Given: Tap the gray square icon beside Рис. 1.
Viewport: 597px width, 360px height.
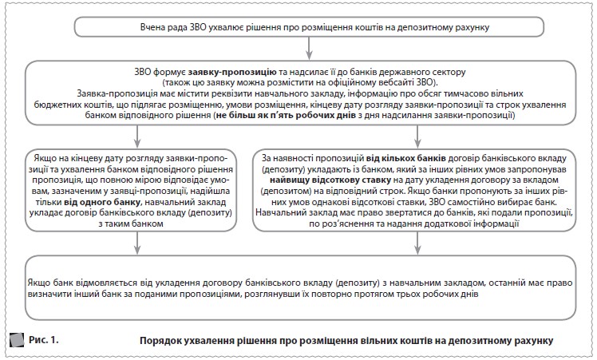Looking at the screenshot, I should (x=15, y=341).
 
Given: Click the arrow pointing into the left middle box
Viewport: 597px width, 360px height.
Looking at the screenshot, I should (x=135, y=136).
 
